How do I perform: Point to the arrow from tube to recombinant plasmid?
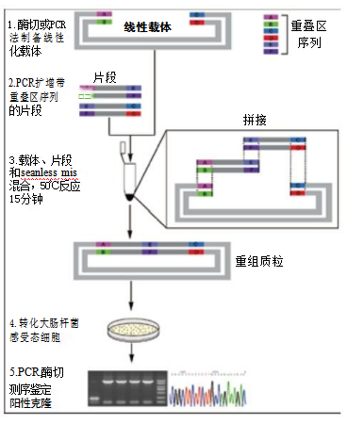126,219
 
